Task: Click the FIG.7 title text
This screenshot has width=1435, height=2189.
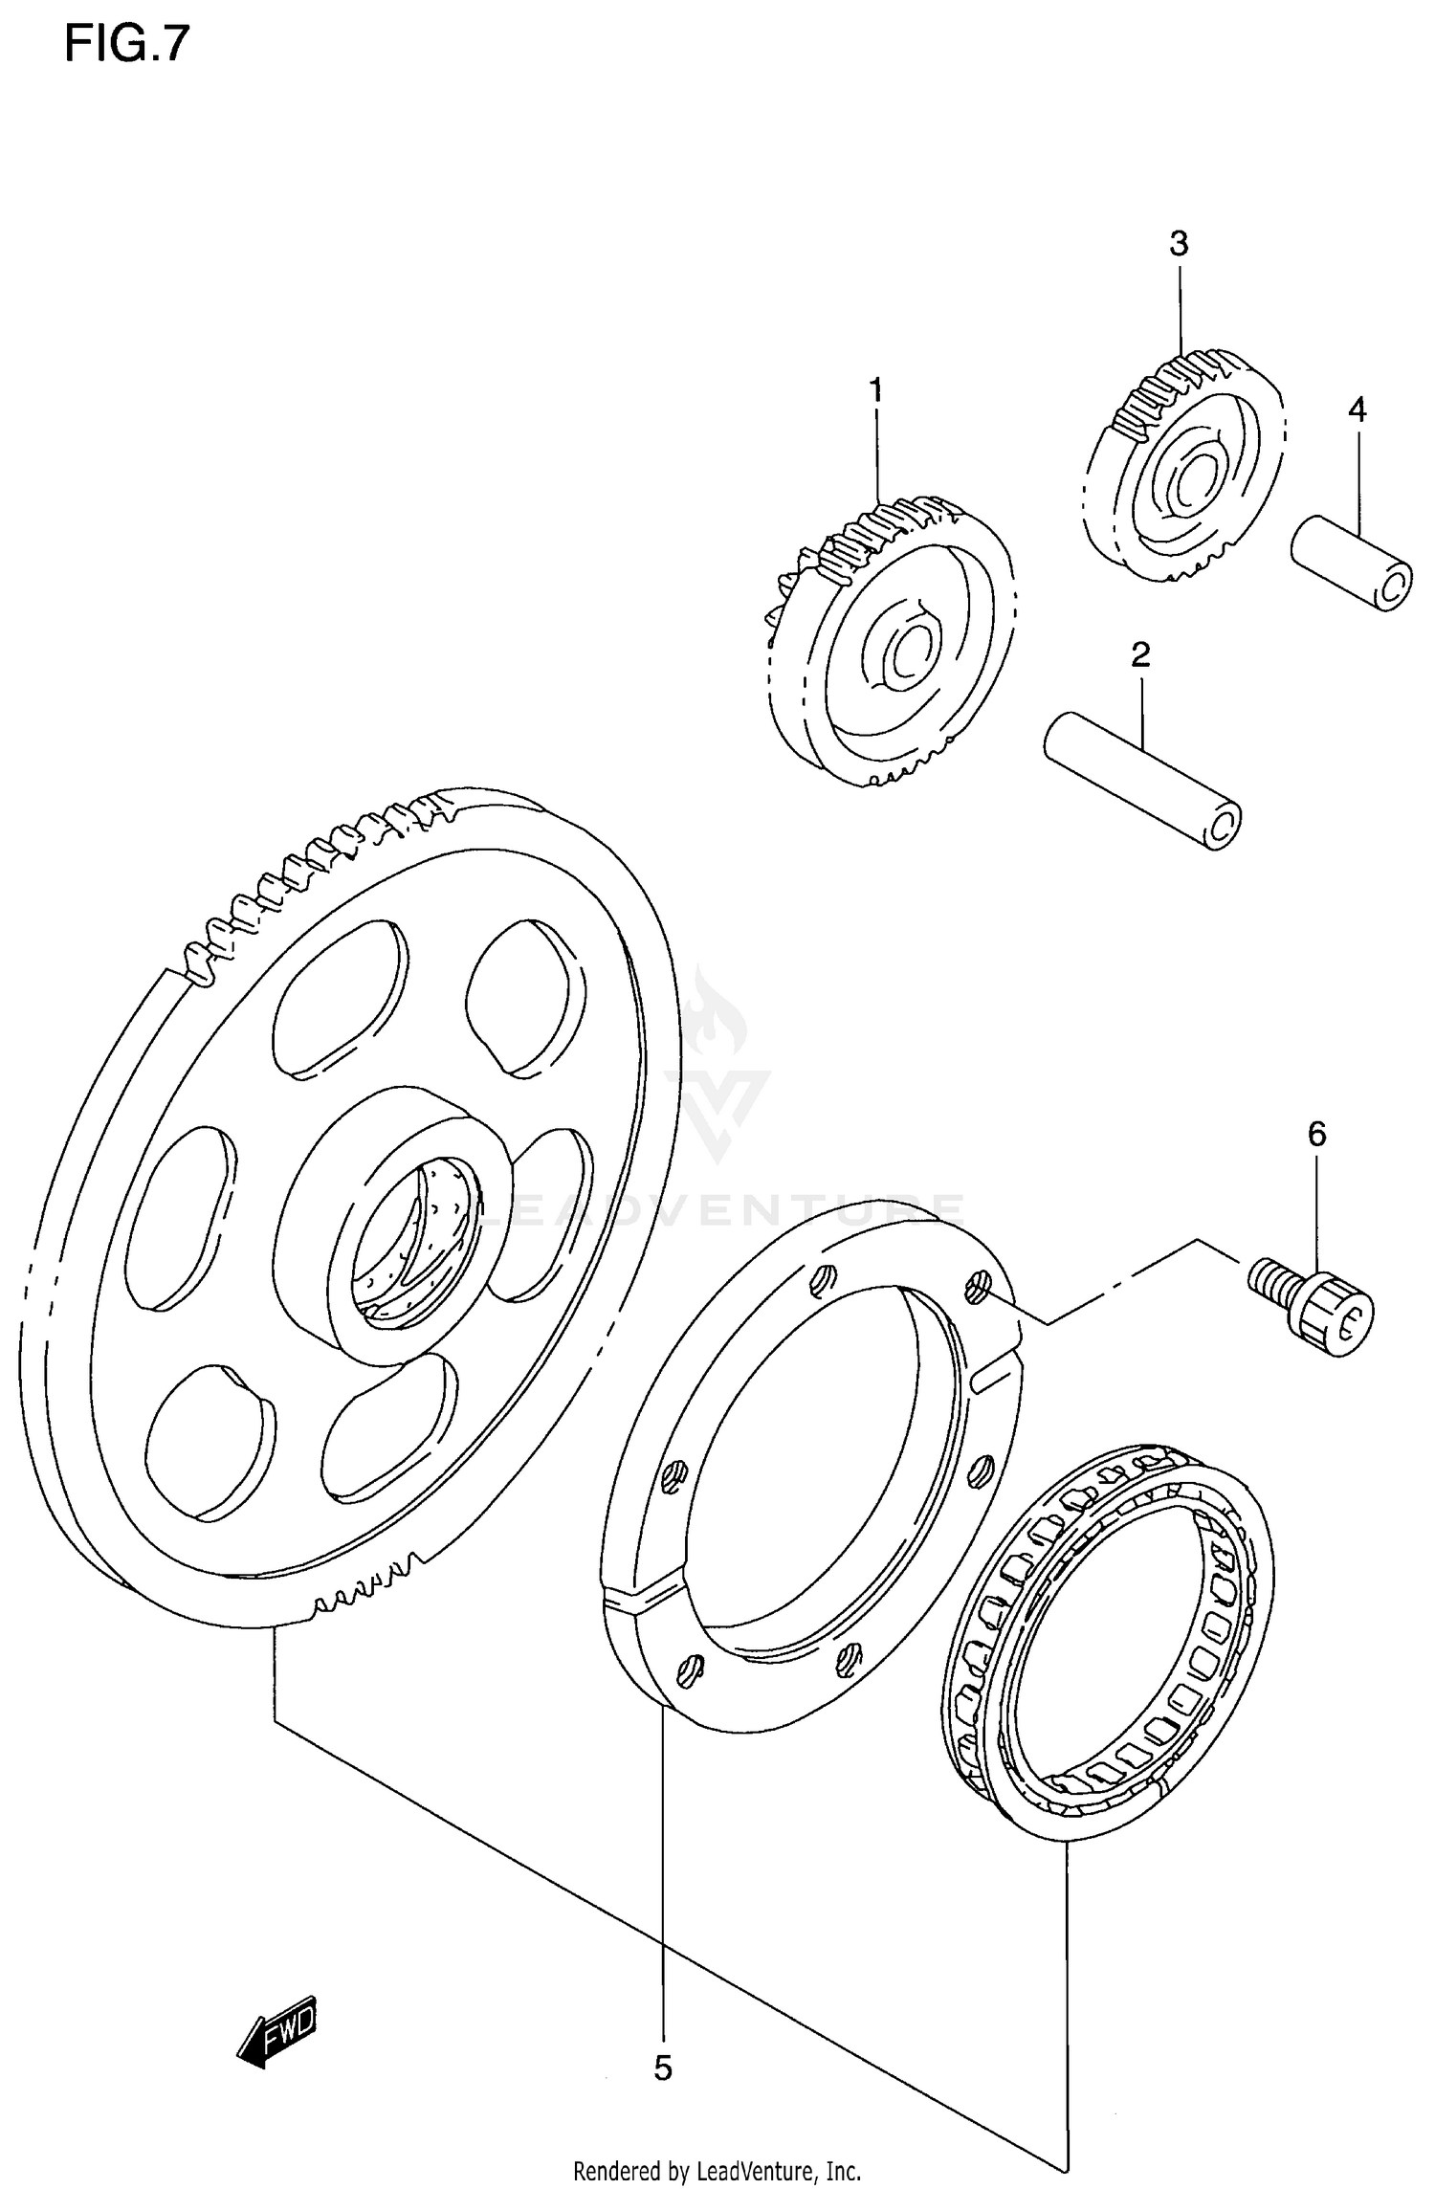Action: [126, 45]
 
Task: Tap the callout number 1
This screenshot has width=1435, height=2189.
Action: [875, 391]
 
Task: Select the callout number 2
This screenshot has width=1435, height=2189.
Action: [1139, 655]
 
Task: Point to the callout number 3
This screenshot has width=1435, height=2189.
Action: [1179, 245]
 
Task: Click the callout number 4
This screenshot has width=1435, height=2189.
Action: [1357, 409]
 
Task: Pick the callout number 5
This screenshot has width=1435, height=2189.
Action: [663, 2068]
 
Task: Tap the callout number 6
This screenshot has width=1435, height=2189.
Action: [1317, 1135]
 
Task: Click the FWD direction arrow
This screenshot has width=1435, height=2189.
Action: [276, 2031]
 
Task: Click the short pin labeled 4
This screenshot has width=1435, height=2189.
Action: [1350, 564]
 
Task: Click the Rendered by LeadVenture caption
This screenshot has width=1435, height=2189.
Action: [717, 2172]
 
